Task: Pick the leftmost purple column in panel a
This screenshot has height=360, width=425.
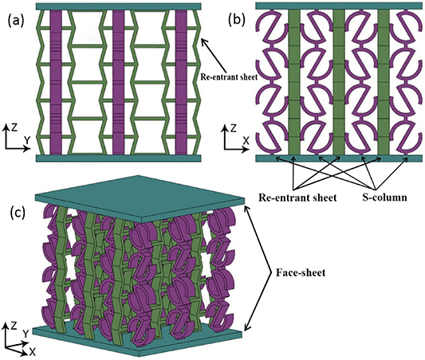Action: click(x=53, y=83)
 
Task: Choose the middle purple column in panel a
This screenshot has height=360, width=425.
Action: click(x=118, y=83)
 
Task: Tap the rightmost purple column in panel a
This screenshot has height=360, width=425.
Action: click(x=181, y=83)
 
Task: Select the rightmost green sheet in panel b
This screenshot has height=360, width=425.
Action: click(x=381, y=83)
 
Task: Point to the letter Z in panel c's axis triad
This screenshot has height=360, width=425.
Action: click(x=8, y=325)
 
